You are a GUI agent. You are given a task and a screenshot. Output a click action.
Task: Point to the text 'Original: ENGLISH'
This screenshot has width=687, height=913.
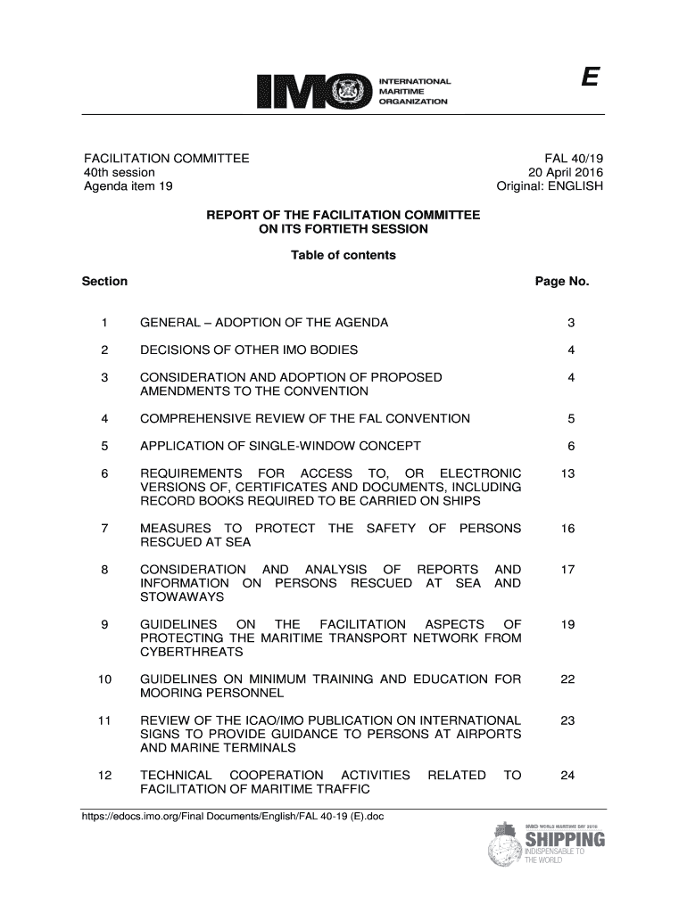[550, 187]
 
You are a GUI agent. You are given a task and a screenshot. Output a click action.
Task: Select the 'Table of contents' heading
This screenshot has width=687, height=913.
[343, 256]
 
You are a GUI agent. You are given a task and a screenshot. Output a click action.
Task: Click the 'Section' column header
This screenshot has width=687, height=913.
[104, 282]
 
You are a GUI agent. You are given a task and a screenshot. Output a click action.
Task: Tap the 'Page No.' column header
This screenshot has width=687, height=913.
[562, 282]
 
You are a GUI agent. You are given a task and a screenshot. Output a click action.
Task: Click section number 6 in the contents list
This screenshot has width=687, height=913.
[106, 473]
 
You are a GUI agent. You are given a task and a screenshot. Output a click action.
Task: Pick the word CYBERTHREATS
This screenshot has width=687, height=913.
[192, 653]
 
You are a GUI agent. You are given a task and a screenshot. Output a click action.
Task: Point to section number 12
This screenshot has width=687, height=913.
[106, 775]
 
